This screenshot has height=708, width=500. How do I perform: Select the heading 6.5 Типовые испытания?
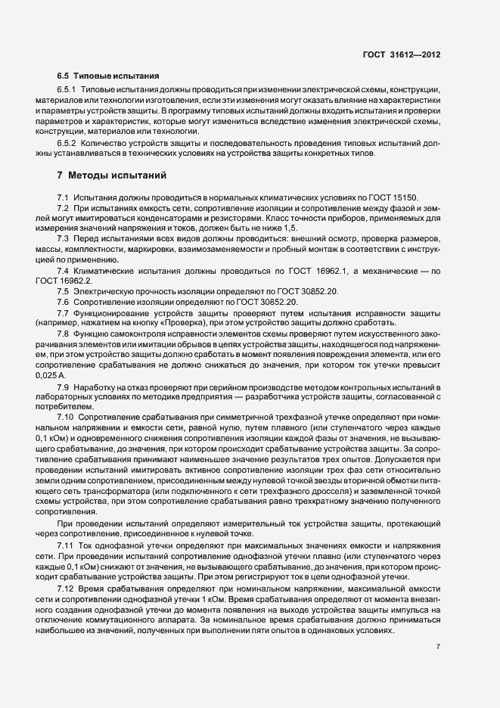pos(108,76)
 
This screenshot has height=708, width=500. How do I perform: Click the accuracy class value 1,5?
pos(289,228)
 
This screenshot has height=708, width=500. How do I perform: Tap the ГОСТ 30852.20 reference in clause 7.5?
pos(285,290)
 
